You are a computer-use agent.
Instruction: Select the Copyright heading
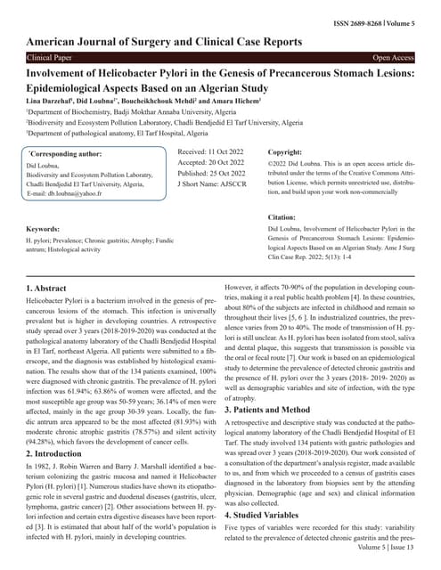[x=286, y=152]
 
